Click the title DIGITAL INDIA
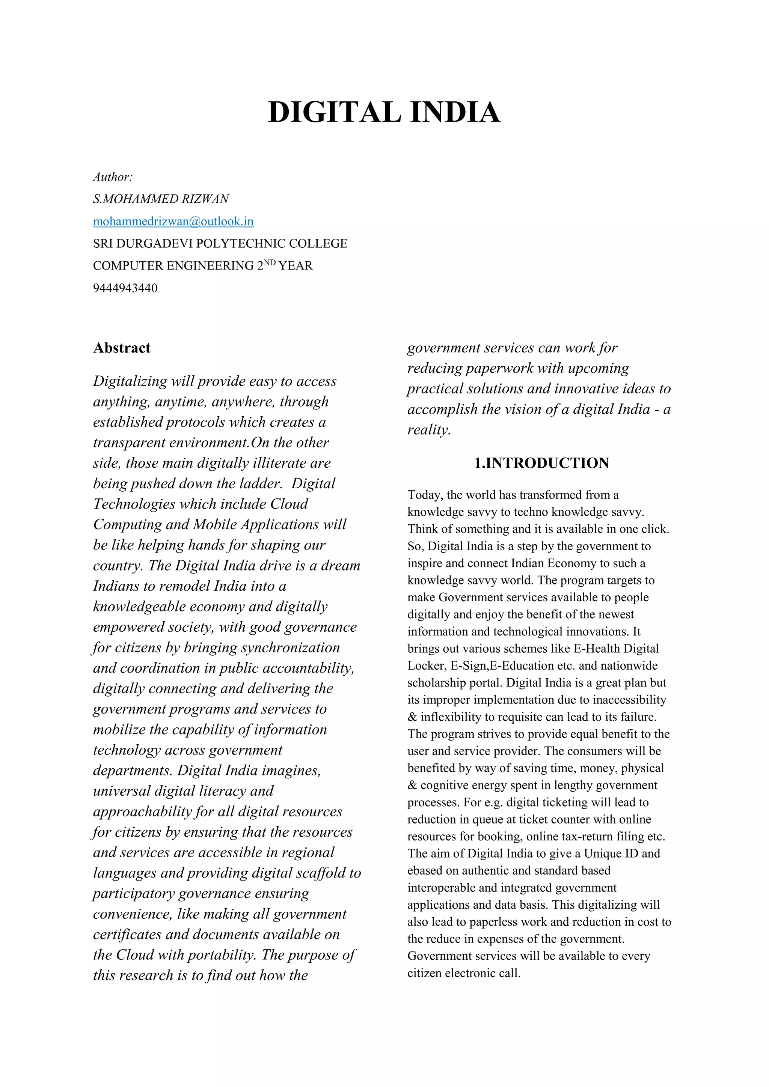pyautogui.click(x=384, y=112)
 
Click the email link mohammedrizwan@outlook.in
pyautogui.click(x=173, y=221)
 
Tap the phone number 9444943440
pyautogui.click(x=125, y=288)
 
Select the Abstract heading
pyautogui.click(x=122, y=348)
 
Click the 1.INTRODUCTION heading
pyautogui.click(x=542, y=463)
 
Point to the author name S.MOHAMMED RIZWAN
pyautogui.click(x=161, y=199)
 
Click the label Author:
pyautogui.click(x=113, y=177)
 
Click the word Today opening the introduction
pyautogui.click(x=425, y=495)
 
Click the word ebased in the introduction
pyautogui.click(x=425, y=871)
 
